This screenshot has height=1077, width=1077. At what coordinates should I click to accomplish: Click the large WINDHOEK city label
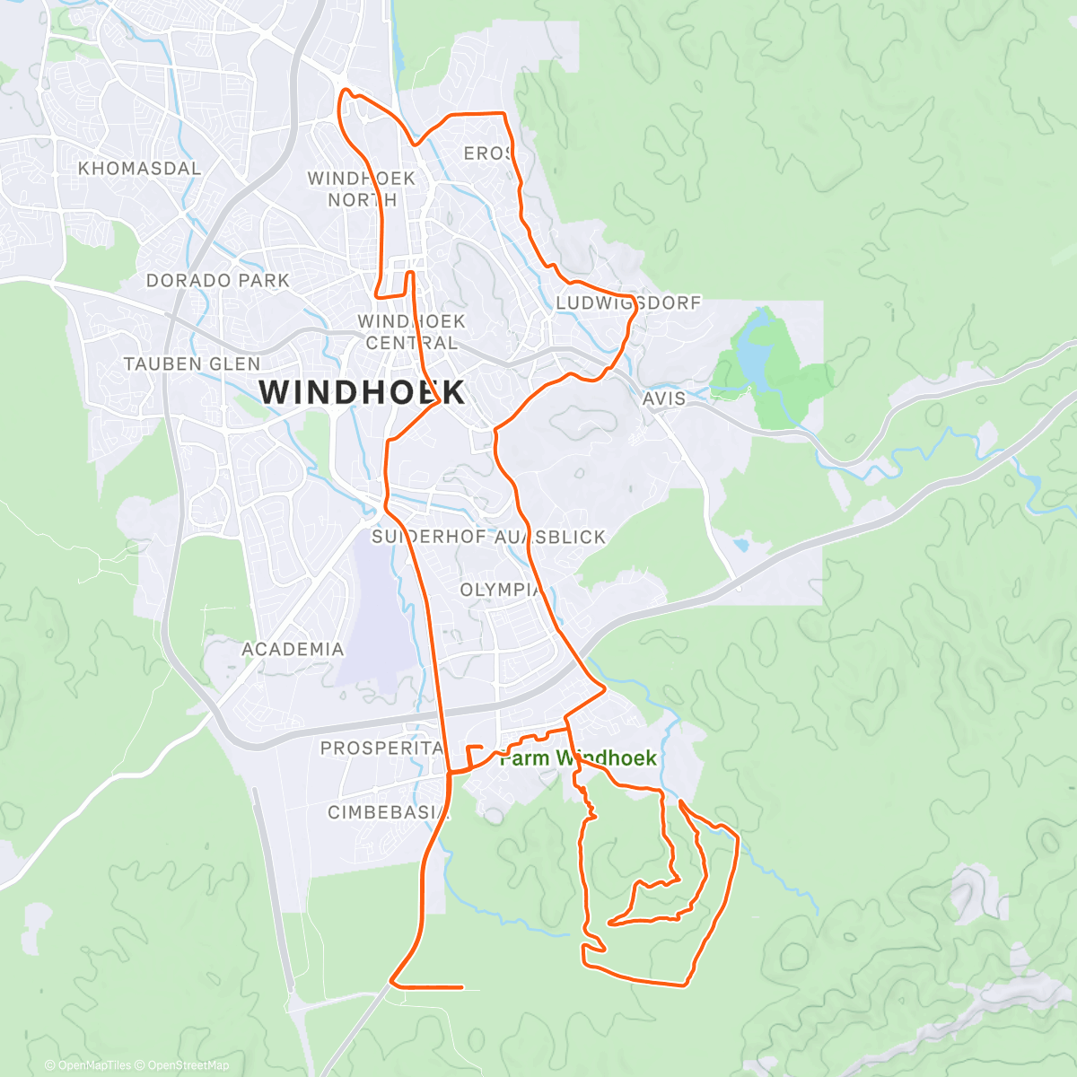point(362,392)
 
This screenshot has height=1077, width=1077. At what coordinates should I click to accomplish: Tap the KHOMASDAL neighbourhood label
point(139,169)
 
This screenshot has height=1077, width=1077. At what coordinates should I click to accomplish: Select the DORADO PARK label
point(218,281)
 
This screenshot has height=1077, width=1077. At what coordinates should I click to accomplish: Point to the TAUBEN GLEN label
point(192,364)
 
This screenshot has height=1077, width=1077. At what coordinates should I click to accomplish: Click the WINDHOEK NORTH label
point(362,188)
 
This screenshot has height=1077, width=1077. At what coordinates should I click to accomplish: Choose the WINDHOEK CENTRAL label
point(411,331)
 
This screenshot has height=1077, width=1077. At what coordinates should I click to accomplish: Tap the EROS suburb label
point(487,154)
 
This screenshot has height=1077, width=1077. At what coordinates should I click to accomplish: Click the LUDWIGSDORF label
point(628,303)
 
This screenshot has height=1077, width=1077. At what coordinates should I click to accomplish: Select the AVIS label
point(664,398)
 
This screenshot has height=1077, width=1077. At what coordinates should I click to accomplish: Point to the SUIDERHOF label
point(416,538)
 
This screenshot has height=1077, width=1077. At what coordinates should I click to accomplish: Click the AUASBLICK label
point(551,538)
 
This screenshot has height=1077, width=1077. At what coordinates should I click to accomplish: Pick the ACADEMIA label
point(293,649)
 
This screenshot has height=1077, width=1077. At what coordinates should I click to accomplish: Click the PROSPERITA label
point(382,749)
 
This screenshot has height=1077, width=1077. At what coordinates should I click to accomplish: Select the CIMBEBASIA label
point(388,813)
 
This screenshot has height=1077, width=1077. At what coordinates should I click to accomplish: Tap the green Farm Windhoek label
point(578,758)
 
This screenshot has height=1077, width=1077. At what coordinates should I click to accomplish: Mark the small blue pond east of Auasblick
point(741,544)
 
